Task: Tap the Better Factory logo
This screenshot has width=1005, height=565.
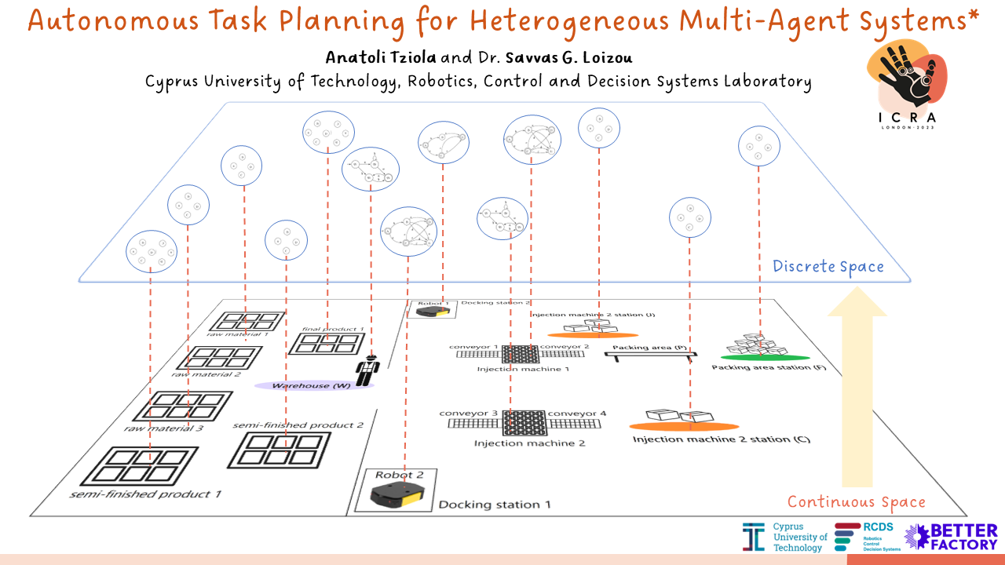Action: coord(951,536)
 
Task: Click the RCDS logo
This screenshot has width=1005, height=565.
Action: coord(868,537)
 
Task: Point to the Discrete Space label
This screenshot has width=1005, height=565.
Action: coord(828,267)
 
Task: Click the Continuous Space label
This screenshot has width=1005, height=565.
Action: coord(857,502)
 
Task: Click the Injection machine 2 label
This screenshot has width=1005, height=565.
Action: coord(530,443)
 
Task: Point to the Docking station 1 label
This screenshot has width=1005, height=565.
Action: coord(489,505)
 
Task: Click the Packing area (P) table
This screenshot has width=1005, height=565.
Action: coord(650,355)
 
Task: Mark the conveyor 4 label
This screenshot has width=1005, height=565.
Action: coord(576,414)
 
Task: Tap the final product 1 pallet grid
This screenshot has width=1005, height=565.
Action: coord(327,343)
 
